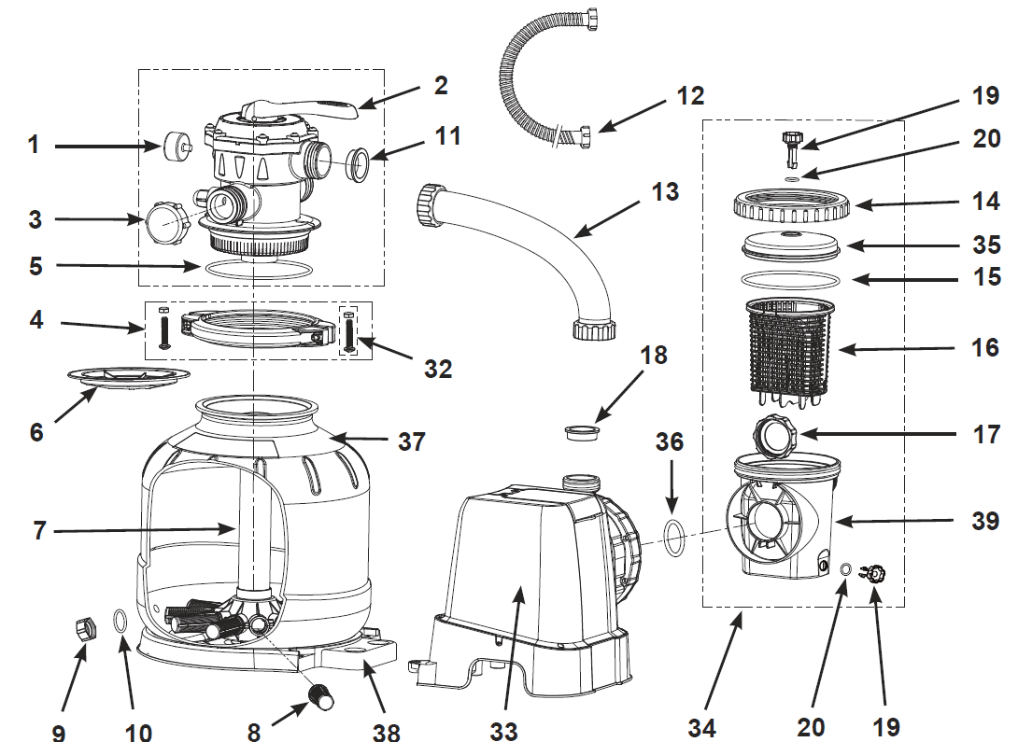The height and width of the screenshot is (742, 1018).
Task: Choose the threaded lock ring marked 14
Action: tap(792, 203)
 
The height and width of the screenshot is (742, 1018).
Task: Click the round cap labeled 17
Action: tap(773, 433)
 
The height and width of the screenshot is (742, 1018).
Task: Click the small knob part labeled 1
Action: tap(175, 147)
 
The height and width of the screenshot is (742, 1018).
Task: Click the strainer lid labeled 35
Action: tap(792, 244)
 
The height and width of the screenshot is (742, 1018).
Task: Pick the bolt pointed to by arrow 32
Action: tap(349, 332)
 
